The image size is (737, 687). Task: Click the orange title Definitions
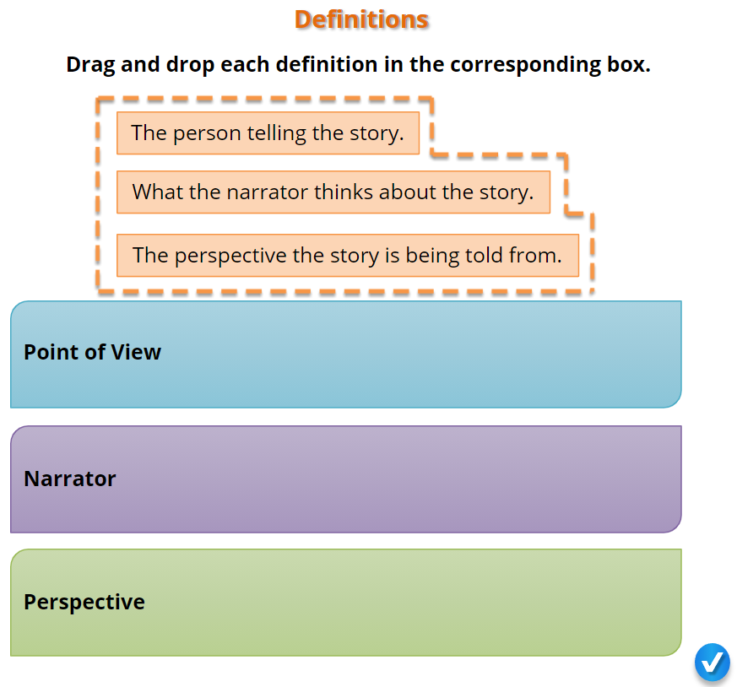click(x=361, y=19)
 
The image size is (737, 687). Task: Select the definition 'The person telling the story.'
click(x=268, y=133)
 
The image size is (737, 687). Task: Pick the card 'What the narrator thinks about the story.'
click(x=333, y=192)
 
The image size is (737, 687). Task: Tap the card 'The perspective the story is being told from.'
click(x=348, y=255)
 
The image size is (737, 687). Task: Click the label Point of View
click(x=92, y=352)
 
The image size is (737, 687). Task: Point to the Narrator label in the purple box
click(x=69, y=479)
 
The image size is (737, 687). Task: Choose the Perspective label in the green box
click(x=84, y=602)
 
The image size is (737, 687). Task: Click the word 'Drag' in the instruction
click(x=90, y=65)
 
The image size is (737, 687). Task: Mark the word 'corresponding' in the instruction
click(x=525, y=65)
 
